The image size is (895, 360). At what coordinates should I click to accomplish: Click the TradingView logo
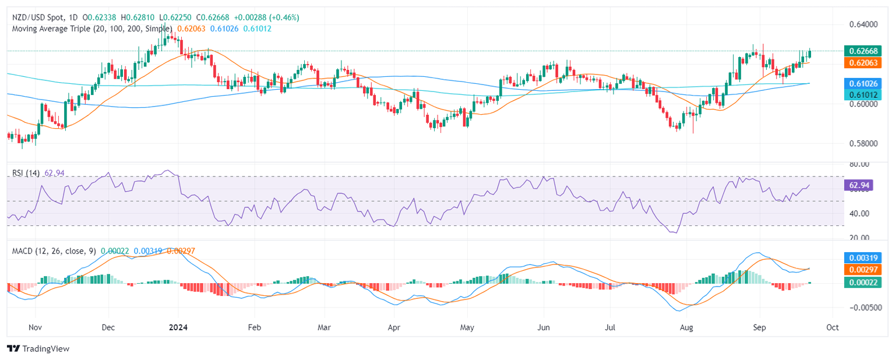coord(38,348)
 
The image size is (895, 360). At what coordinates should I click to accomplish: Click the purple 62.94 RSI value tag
coord(859,186)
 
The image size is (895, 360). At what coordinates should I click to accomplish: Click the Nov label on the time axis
coord(36,327)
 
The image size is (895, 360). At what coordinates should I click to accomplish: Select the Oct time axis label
coord(832,327)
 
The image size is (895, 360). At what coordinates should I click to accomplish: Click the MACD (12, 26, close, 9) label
coord(52,250)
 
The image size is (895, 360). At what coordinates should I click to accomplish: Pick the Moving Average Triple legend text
coord(90,28)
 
